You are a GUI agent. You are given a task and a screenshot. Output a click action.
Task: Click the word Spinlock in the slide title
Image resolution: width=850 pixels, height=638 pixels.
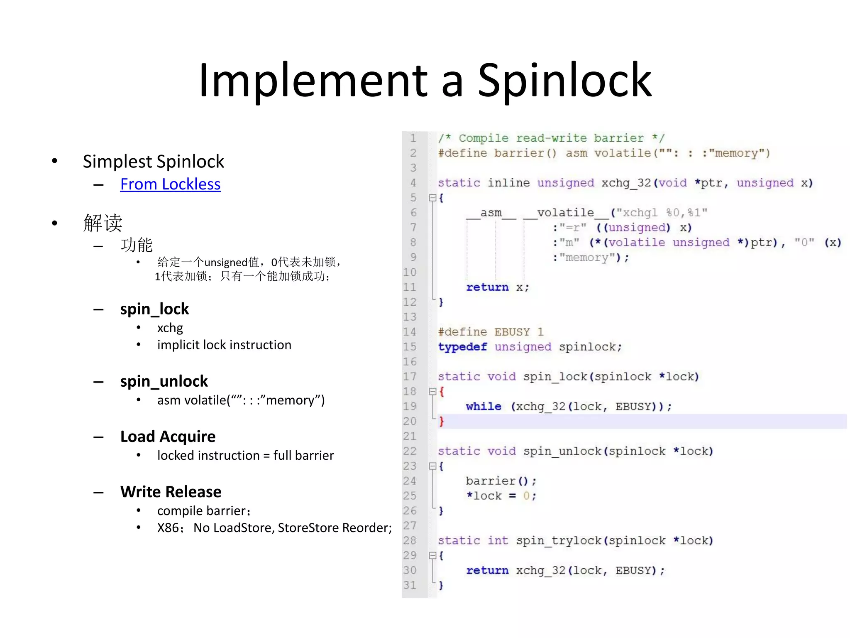(x=564, y=81)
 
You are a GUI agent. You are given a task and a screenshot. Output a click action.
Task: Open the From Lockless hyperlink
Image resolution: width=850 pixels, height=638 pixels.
(x=170, y=184)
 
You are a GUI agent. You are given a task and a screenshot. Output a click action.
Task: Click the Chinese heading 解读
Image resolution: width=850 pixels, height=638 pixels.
(x=103, y=223)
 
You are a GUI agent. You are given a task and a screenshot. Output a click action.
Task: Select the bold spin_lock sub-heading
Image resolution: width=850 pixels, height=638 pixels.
(x=154, y=309)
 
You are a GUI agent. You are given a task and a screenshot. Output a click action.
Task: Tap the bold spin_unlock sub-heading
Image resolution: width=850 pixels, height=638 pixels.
(x=164, y=381)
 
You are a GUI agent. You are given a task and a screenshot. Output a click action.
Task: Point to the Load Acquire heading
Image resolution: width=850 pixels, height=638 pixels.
(x=168, y=437)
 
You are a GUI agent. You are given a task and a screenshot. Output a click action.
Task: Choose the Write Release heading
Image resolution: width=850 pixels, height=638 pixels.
(x=171, y=492)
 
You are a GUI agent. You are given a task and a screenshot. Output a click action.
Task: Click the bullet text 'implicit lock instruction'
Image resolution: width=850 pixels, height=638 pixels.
(x=224, y=345)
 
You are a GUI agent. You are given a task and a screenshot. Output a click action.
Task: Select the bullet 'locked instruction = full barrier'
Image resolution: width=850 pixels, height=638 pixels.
(x=245, y=456)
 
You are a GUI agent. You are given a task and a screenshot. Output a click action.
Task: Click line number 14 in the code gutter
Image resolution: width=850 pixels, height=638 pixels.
(x=410, y=332)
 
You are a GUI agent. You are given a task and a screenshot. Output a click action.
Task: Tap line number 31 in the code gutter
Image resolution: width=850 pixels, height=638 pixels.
(x=410, y=585)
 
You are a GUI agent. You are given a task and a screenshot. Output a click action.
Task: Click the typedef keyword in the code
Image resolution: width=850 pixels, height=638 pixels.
(x=462, y=347)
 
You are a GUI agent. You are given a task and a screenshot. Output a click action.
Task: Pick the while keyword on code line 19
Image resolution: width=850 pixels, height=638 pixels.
(x=484, y=406)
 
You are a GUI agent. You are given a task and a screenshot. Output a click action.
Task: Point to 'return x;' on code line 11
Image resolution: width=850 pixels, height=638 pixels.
(x=497, y=287)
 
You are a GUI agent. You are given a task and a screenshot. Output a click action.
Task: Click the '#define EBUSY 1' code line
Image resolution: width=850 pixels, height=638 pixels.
(x=491, y=332)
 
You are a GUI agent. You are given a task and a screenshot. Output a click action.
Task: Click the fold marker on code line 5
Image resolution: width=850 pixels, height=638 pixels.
(x=432, y=198)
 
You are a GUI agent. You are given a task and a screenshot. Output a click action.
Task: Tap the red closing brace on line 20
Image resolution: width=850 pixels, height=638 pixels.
(x=441, y=422)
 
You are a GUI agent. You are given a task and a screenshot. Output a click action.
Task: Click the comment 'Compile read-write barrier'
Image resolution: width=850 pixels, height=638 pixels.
(x=552, y=138)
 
